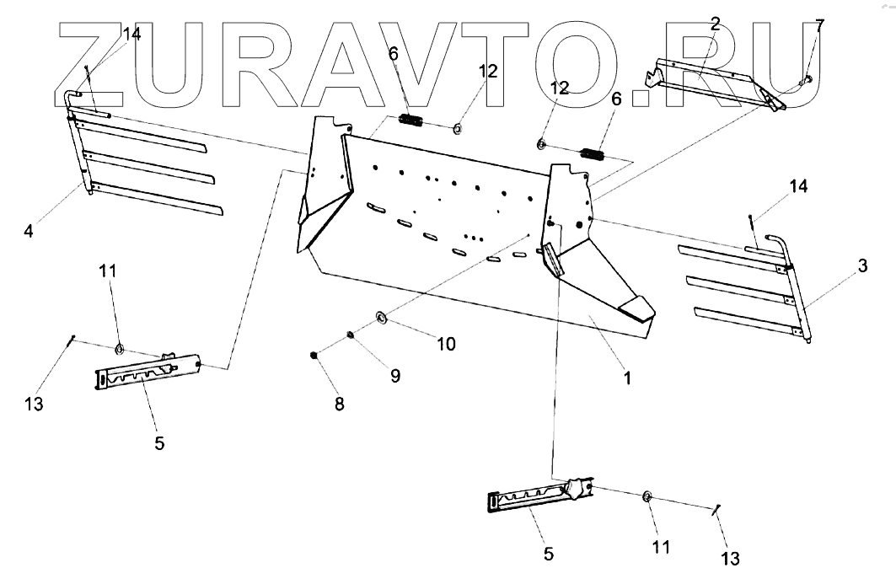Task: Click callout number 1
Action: tap(626, 379)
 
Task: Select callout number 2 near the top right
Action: tap(715, 24)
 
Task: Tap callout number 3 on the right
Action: tap(861, 266)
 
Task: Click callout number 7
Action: tap(820, 25)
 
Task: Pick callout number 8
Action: tap(339, 405)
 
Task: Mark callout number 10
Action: tap(446, 344)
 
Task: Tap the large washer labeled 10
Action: tap(380, 317)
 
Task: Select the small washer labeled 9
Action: tap(349, 336)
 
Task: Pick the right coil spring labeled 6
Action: tap(595, 155)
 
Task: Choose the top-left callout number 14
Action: tap(131, 35)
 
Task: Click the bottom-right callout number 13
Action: tap(730, 558)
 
